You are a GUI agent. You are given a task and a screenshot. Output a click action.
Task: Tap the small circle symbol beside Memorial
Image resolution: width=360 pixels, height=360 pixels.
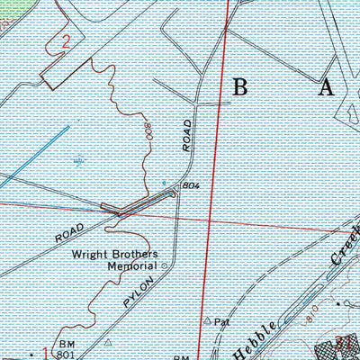(164, 266)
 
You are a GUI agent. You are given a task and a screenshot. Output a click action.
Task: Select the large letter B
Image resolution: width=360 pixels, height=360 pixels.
(240, 87)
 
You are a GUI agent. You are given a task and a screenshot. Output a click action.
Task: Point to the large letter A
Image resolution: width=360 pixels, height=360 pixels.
(325, 87)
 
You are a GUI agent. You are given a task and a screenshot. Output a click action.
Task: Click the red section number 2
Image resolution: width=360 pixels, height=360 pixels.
(65, 40)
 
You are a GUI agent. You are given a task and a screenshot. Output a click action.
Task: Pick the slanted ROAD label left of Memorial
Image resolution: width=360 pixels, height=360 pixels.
(68, 233)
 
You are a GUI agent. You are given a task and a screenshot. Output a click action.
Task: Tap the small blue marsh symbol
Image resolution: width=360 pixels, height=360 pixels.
(81, 162)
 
